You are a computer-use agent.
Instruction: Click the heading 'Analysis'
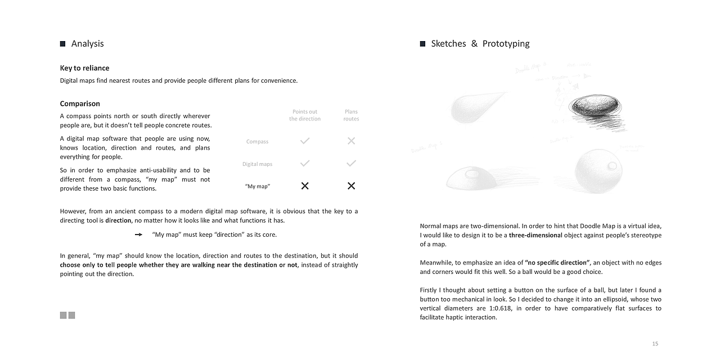click(87, 44)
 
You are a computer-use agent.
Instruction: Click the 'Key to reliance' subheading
click(85, 68)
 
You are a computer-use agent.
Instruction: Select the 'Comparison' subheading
click(80, 103)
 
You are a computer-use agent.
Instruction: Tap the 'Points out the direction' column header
click(305, 115)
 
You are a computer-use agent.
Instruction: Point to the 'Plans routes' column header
click(351, 115)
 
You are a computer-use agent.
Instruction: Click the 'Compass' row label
click(257, 142)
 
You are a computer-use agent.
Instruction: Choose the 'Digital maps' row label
click(257, 164)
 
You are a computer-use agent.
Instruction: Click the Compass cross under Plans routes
click(351, 141)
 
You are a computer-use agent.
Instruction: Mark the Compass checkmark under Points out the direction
click(305, 141)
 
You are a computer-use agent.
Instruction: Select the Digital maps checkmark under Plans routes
click(351, 164)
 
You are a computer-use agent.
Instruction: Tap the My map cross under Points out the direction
click(305, 186)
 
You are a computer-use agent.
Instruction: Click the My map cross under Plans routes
click(351, 186)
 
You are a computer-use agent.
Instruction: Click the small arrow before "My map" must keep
click(138, 235)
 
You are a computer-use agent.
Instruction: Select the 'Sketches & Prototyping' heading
click(480, 44)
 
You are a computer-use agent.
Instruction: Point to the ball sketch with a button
click(598, 170)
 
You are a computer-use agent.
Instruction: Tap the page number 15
click(655, 344)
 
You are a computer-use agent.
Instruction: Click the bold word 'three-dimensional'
click(535, 235)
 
